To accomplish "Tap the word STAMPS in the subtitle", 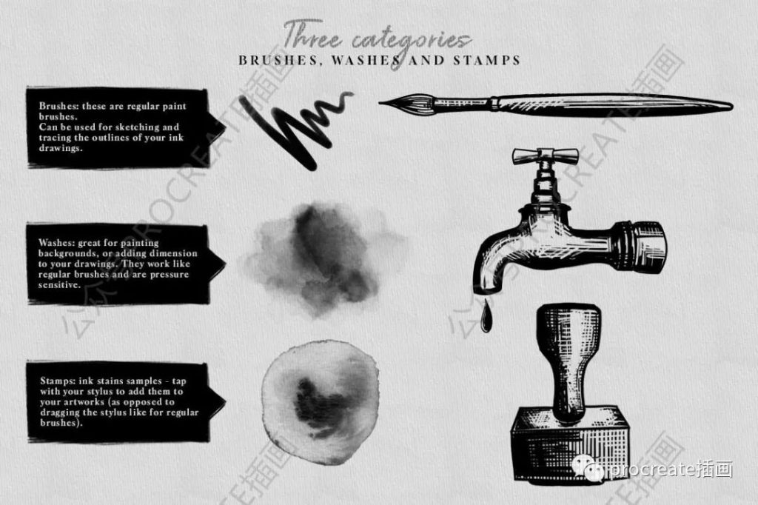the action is [x=487, y=61].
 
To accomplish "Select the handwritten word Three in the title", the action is [x=312, y=35].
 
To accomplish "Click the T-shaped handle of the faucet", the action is [x=546, y=155].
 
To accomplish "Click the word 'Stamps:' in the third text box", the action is [x=57, y=381].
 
